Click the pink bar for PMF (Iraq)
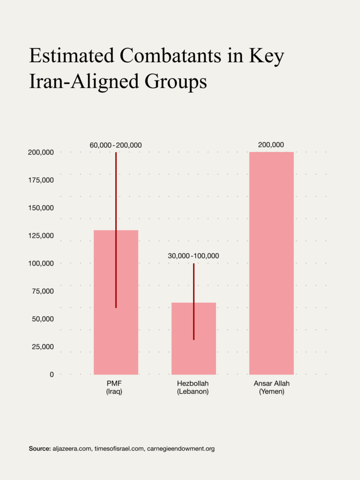pos(104,328)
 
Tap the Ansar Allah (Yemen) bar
pos(271,262)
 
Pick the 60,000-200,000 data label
pos(116,145)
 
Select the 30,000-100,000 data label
pos(194,256)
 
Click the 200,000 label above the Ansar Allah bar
pos(271,145)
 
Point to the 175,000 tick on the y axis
pos(41,180)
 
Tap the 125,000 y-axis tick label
pos(41,236)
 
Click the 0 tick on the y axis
pos(52,375)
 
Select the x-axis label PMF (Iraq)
pos(114,387)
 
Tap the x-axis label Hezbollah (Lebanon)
pos(193,387)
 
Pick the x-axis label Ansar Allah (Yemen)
pos(271,387)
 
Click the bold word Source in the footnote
pos(39,449)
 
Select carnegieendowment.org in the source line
pos(180,449)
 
